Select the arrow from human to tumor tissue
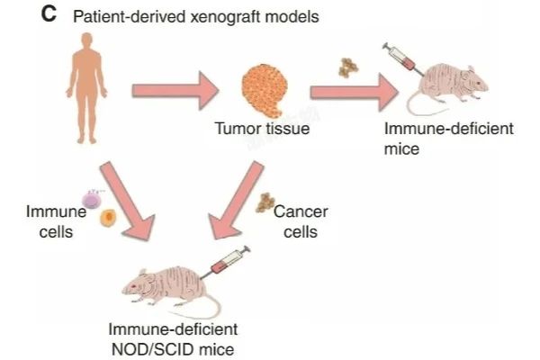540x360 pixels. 176,90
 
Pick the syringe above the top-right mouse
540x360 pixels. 401,56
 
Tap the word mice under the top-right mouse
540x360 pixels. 401,148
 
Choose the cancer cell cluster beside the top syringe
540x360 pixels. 347,67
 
